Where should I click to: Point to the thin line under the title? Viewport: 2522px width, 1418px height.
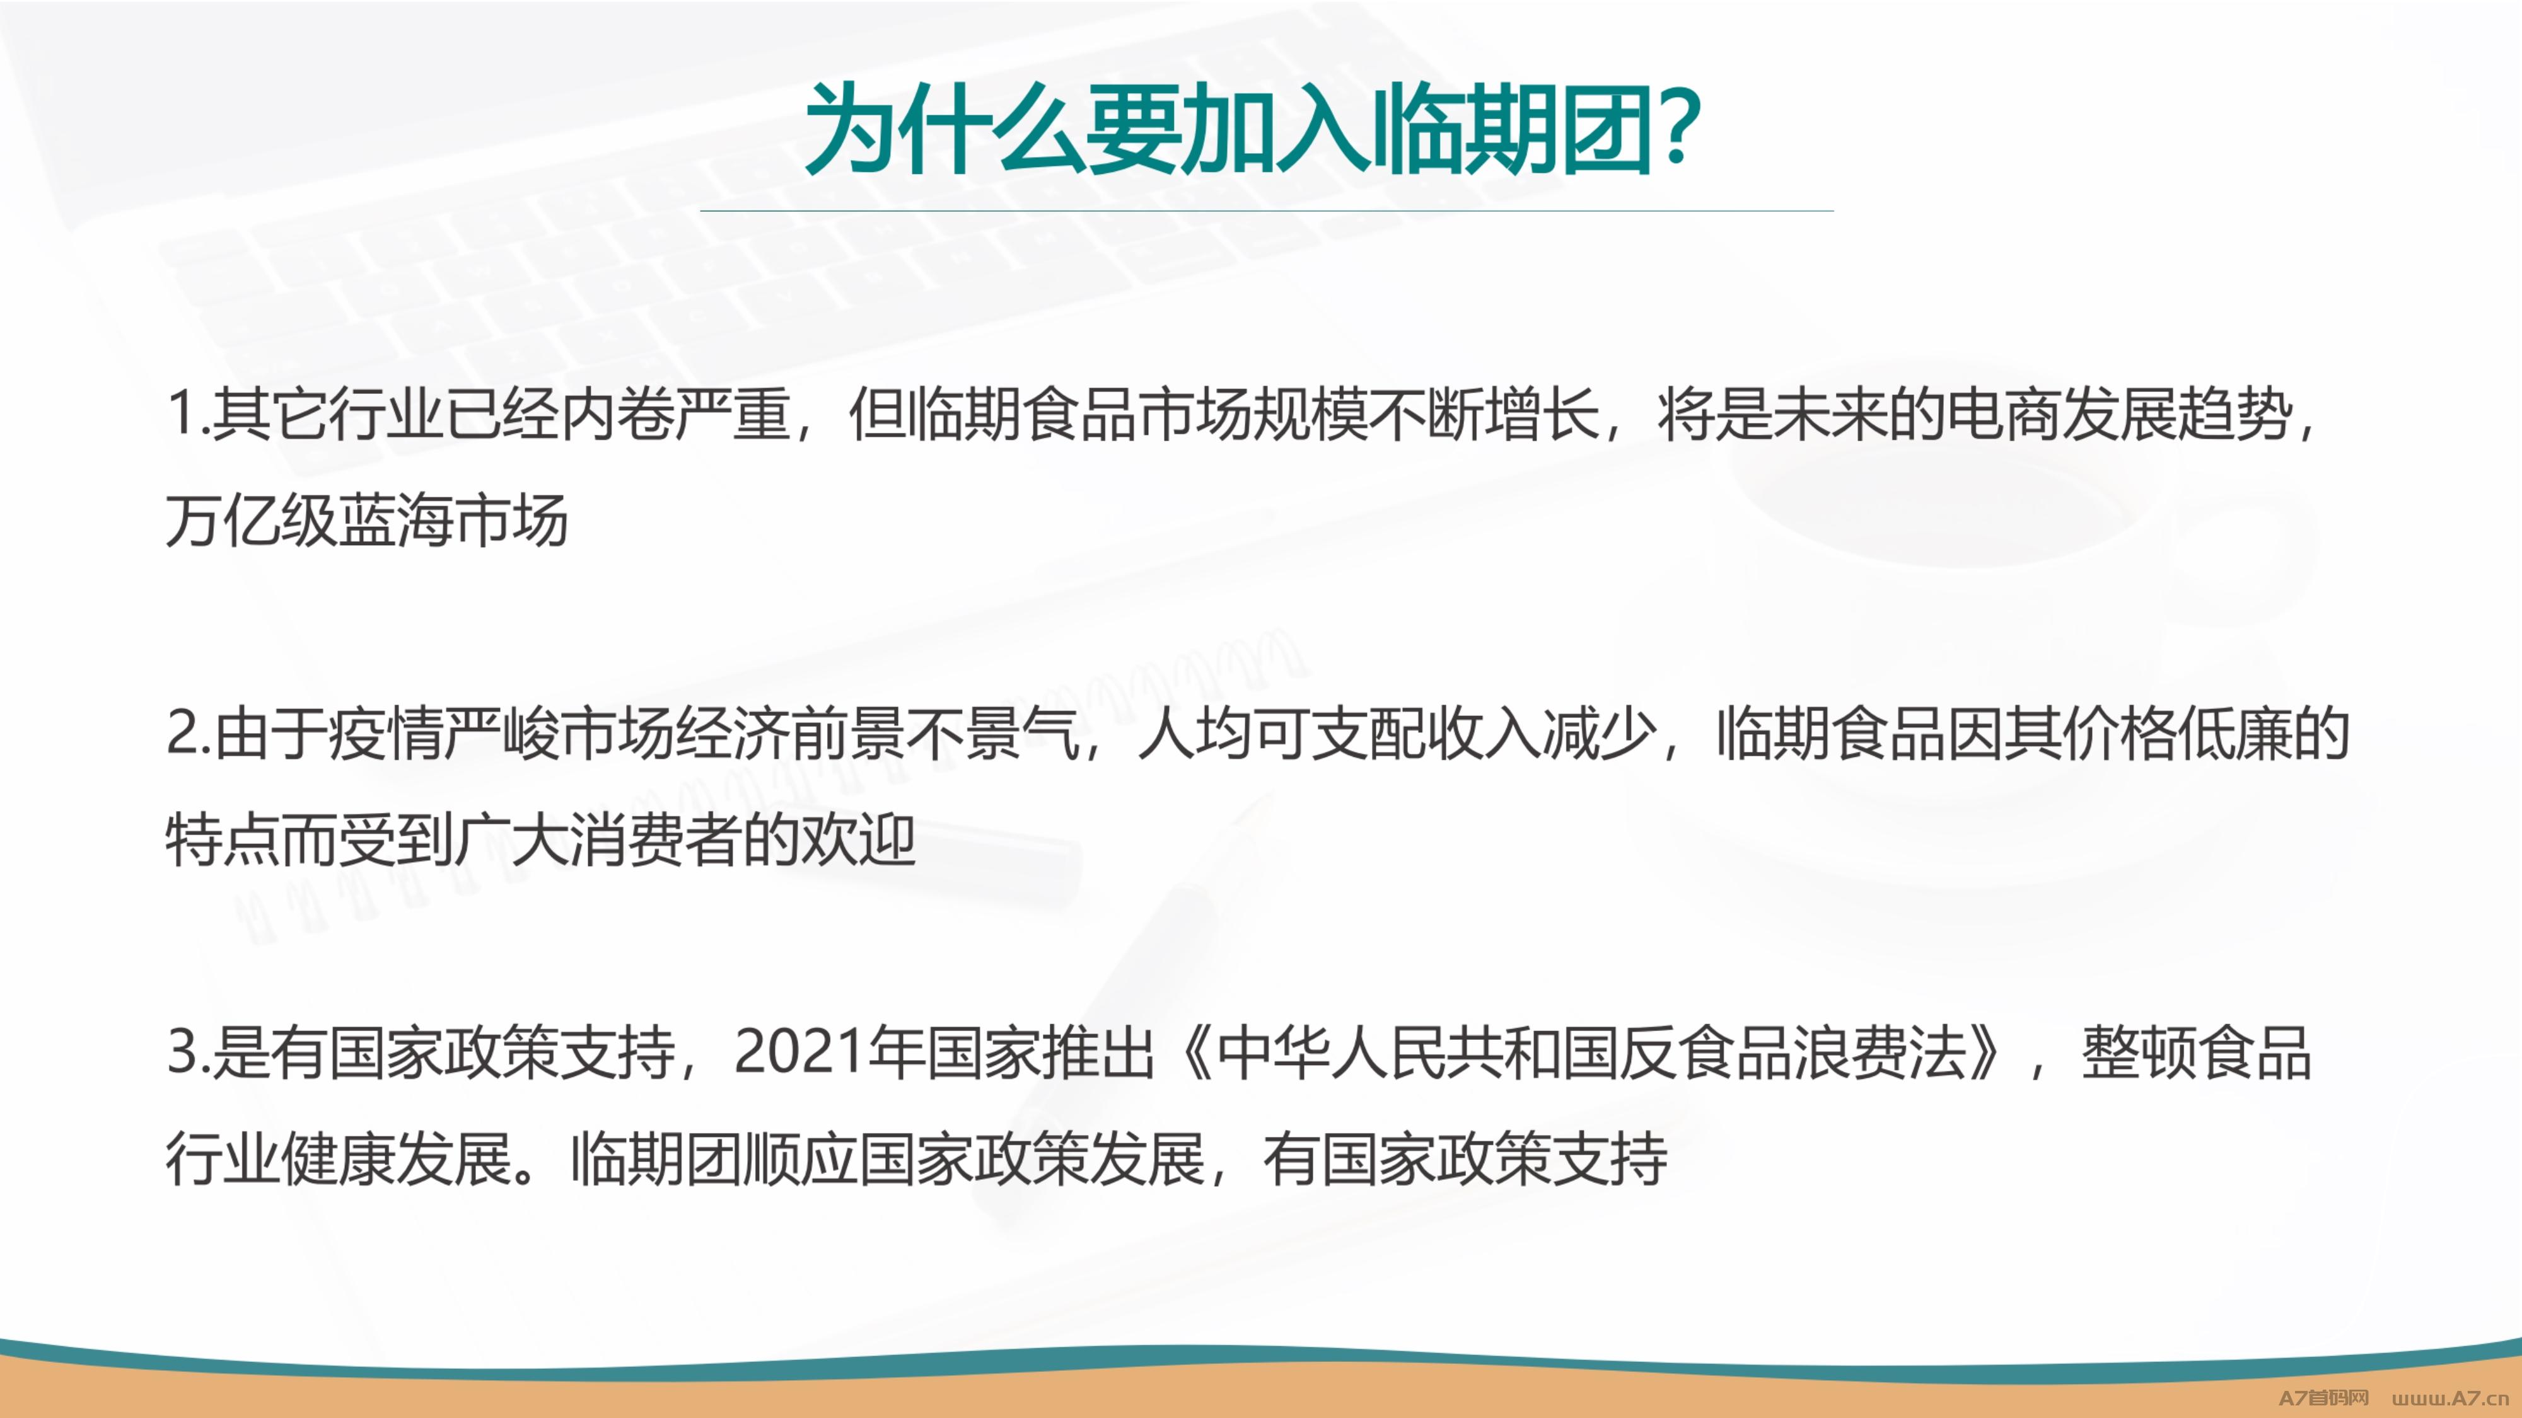pyautogui.click(x=1266, y=210)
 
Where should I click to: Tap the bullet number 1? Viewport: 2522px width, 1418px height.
pyautogui.click(x=182, y=414)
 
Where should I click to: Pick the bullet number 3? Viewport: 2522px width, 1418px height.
pyautogui.click(x=184, y=1053)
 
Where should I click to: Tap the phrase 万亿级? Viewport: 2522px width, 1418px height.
pyautogui.click(x=251, y=521)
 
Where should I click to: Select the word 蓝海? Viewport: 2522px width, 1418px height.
pyautogui.click(x=395, y=521)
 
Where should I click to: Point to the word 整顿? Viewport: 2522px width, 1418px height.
pyautogui.click(x=2139, y=1053)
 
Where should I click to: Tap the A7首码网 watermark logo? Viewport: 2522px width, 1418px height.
pyautogui.click(x=2323, y=1397)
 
